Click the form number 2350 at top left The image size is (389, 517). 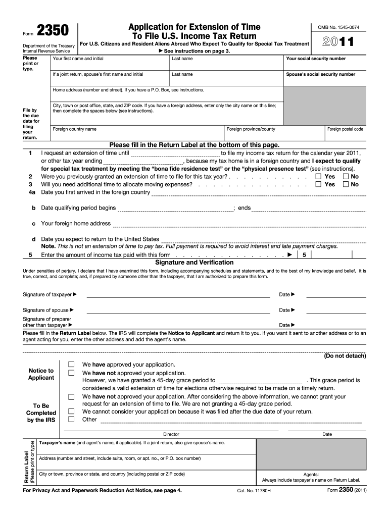(x=54, y=32)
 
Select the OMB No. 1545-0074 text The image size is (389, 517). (x=338, y=27)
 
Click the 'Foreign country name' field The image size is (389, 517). (x=136, y=133)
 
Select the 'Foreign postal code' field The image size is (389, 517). (x=345, y=134)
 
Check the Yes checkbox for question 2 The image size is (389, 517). (x=318, y=177)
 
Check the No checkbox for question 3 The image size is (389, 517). (x=346, y=184)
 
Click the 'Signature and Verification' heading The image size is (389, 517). (x=194, y=263)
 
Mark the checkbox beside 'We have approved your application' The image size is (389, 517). (x=71, y=364)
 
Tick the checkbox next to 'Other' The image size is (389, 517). (x=71, y=419)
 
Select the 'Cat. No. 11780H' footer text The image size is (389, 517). (x=254, y=490)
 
